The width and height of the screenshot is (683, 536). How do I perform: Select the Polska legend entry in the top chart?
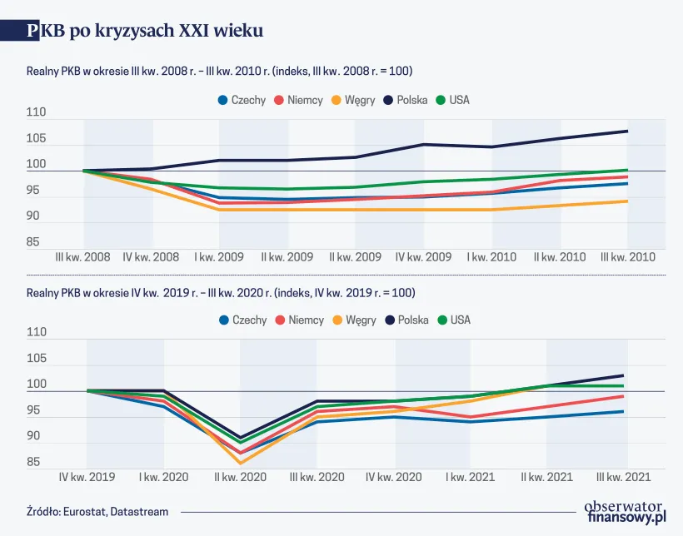(x=405, y=100)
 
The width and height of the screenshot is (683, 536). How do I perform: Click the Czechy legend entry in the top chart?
(x=242, y=100)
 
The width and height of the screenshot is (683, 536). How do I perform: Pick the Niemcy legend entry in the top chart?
(x=297, y=100)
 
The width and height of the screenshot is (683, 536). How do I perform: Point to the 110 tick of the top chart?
(x=37, y=112)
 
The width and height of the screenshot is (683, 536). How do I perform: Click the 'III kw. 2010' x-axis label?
(x=628, y=258)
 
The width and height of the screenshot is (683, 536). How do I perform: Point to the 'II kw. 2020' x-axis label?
(x=241, y=478)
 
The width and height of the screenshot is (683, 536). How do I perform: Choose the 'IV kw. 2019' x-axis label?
(x=87, y=478)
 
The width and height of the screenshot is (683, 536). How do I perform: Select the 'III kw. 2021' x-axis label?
(x=625, y=478)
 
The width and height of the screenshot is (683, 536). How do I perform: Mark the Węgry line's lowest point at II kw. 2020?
(x=241, y=463)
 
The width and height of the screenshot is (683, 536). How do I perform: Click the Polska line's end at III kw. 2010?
(x=627, y=131)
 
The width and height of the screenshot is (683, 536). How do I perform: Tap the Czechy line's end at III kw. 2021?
(x=624, y=411)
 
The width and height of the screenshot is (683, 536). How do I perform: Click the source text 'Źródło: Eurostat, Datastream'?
(x=97, y=512)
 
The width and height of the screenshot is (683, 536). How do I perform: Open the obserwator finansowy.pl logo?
(x=625, y=511)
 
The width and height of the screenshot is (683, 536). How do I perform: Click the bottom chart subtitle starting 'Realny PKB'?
(x=221, y=293)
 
